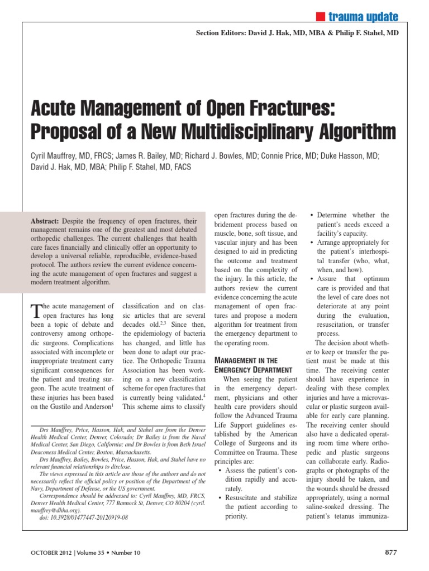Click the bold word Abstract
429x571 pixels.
click(x=47, y=221)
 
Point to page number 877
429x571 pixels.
click(x=391, y=552)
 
